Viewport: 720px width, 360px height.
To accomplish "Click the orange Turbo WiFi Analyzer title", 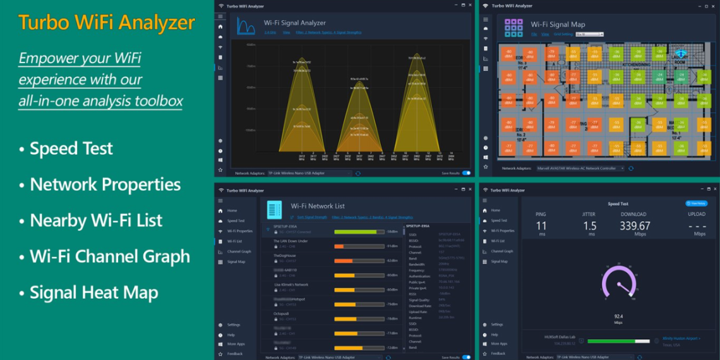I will (x=106, y=23).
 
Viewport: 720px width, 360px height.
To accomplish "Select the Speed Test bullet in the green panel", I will (x=71, y=148).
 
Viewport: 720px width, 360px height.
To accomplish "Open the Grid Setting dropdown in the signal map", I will (x=589, y=34).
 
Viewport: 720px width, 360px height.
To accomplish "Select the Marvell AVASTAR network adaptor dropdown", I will (x=580, y=169).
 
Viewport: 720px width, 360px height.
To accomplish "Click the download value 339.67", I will (x=635, y=226).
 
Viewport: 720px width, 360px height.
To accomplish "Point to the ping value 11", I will (x=541, y=226).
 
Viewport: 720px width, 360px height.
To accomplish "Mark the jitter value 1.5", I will (x=589, y=226).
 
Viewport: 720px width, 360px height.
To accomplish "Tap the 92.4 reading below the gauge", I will (x=618, y=316).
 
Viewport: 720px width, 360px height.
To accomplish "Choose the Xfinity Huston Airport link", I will (x=681, y=339).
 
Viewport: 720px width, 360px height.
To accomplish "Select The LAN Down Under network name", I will (x=291, y=241).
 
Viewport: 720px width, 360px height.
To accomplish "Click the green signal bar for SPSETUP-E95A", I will (x=355, y=232).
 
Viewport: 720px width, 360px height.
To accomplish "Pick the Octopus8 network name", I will (x=282, y=313).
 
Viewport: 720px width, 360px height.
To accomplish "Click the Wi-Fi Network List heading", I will (x=318, y=206).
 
